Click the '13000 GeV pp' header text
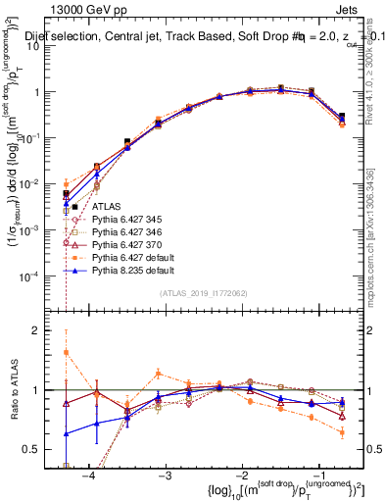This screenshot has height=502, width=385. (84, 9)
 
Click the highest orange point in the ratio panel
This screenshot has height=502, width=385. (66, 352)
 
